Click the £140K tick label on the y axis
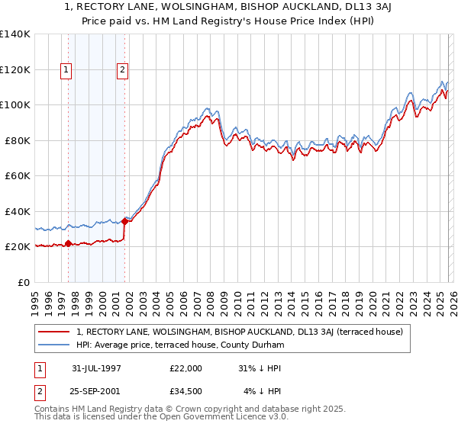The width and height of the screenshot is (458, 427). [x=15, y=34]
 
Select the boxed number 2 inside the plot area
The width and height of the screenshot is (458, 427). [x=123, y=70]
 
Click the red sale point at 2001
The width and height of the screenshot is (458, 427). [x=124, y=221]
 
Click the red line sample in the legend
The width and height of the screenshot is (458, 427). [x=54, y=332]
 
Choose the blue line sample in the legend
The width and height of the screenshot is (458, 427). [x=54, y=345]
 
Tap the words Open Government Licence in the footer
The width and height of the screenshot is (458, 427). [x=229, y=418]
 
